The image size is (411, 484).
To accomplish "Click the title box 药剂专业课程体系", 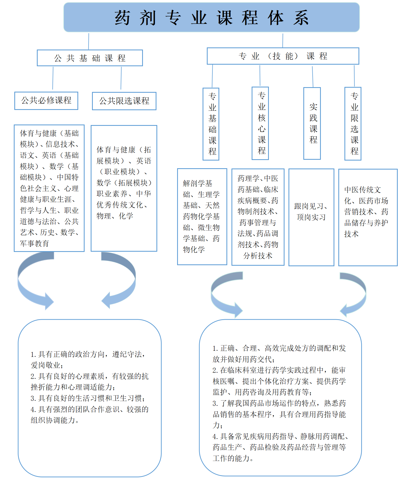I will click(x=211, y=17).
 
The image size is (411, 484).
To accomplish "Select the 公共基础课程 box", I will click(x=90, y=58).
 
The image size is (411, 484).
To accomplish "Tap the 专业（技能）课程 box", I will click(x=283, y=56).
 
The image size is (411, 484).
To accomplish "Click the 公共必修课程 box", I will click(x=46, y=101).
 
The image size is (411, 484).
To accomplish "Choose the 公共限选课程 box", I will click(x=124, y=101).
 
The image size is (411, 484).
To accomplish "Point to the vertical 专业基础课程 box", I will click(x=211, y=124).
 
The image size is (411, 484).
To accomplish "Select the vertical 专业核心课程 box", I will click(x=260, y=123).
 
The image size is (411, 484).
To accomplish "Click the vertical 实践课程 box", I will click(x=312, y=123).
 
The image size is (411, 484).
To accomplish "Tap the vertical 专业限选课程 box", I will click(x=353, y=124).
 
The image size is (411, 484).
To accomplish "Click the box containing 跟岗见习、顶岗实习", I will click(x=311, y=217).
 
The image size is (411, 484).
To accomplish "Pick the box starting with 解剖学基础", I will click(x=202, y=216).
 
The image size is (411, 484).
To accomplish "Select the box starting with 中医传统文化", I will click(x=368, y=217).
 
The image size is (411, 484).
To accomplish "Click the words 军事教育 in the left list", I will click(x=34, y=243).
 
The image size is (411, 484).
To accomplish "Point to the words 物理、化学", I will click(x=115, y=216).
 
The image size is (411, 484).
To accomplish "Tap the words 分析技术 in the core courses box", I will click(x=258, y=256).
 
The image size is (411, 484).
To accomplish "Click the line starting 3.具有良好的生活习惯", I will click(x=88, y=398).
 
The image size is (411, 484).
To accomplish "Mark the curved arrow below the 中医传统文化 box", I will click(x=355, y=294).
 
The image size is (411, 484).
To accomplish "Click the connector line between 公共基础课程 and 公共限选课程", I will click(x=121, y=78).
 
